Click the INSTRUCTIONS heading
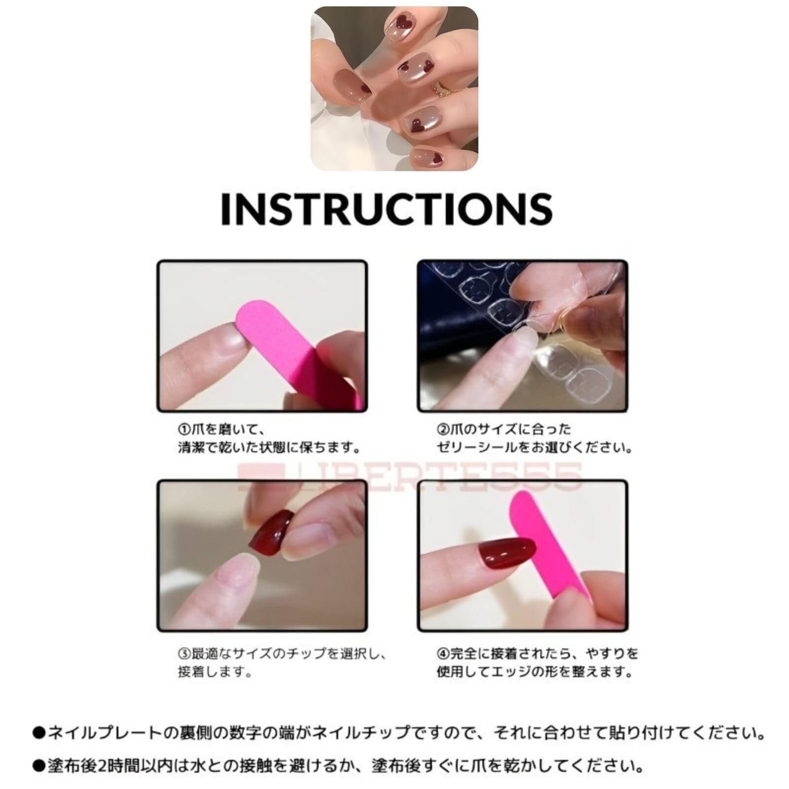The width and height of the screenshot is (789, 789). click(386, 209)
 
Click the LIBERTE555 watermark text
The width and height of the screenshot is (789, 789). click(409, 476)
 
